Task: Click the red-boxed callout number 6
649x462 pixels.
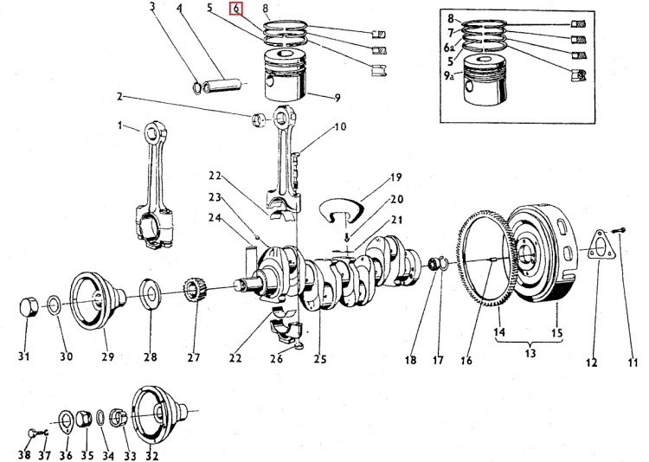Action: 236,9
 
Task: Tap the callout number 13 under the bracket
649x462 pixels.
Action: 530,353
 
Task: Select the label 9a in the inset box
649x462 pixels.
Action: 449,75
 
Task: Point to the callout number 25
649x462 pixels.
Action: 320,359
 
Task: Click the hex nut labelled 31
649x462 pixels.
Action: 29,308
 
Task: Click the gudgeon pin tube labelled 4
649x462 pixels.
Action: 222,86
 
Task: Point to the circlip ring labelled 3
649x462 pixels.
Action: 197,87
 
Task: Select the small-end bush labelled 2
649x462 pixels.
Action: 258,120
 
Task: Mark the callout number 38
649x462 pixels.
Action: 25,455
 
